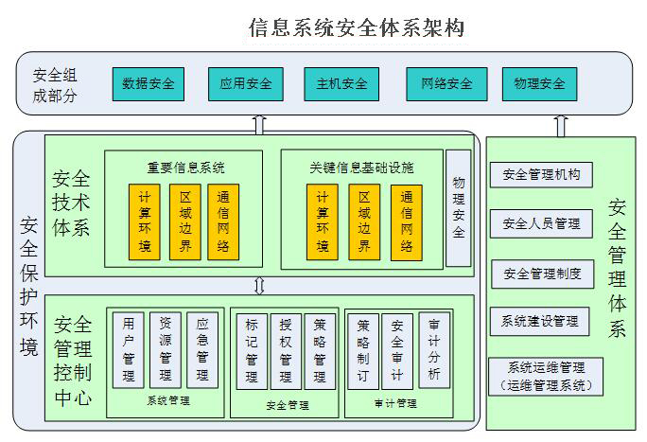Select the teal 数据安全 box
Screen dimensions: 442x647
pyautogui.click(x=149, y=83)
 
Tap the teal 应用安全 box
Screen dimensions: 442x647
pyautogui.click(x=245, y=83)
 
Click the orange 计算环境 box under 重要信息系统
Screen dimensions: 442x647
pyautogui.click(x=145, y=221)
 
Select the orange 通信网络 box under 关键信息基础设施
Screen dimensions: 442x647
pyautogui.click(x=407, y=221)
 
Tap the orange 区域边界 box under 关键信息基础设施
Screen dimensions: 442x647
pyautogui.click(x=364, y=221)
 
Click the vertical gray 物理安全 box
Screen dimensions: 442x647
pyautogui.click(x=459, y=206)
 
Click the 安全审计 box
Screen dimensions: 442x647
pyautogui.click(x=397, y=350)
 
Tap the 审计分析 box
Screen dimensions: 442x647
pyautogui.click(x=433, y=350)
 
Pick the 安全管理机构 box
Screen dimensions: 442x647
pyautogui.click(x=541, y=175)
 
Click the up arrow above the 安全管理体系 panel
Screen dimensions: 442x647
pyautogui.click(x=561, y=126)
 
